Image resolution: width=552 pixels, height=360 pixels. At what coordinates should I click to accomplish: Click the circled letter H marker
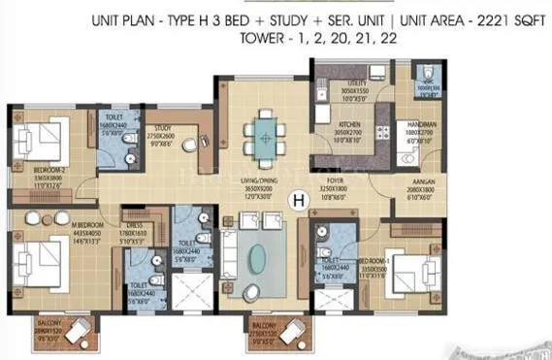(x=299, y=201)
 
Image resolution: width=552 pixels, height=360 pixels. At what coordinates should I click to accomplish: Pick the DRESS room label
(x=134, y=221)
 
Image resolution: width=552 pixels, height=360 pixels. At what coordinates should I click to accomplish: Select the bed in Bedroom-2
(x=40, y=137)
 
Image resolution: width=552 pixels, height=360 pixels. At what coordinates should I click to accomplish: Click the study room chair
(x=190, y=145)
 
